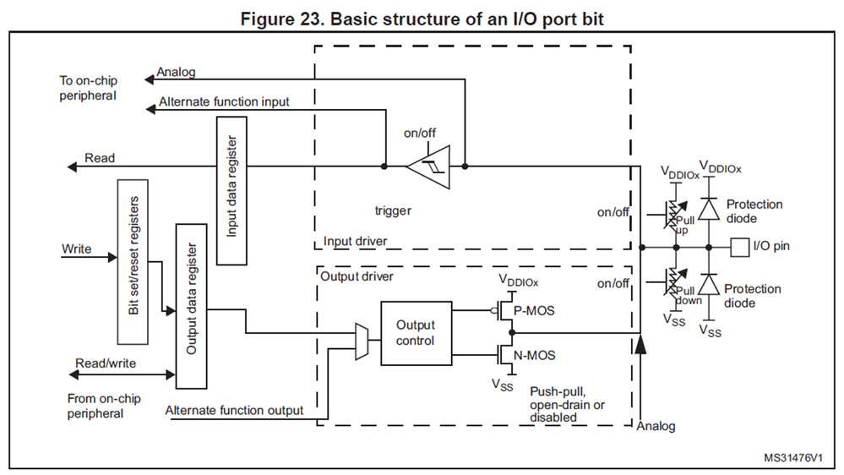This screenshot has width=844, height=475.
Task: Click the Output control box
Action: [415, 333]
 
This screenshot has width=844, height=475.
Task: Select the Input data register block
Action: [231, 191]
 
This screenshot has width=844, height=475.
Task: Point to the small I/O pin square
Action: [740, 247]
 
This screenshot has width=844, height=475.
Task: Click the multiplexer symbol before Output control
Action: [362, 341]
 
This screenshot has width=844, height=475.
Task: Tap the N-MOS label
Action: [535, 355]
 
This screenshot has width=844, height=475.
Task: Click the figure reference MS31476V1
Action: [793, 457]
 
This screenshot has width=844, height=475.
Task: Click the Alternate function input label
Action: [223, 102]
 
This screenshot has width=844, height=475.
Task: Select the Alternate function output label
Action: [234, 411]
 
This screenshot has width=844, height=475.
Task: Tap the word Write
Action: [77, 249]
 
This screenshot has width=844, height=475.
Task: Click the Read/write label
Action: [106, 364]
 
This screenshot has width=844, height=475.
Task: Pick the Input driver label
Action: [355, 242]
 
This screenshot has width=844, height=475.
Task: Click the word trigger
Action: [393, 210]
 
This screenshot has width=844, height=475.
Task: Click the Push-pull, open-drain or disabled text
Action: [567, 405]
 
